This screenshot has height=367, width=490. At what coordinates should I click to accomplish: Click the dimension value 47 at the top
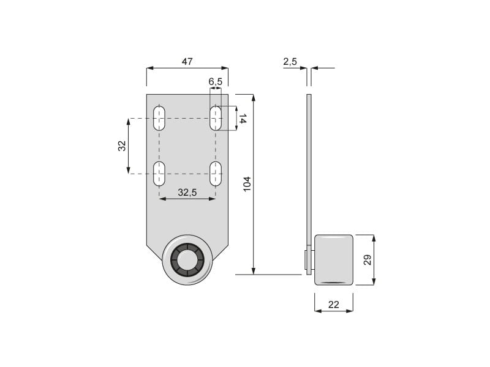click(x=187, y=61)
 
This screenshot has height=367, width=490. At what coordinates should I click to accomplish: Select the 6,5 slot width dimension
click(x=215, y=81)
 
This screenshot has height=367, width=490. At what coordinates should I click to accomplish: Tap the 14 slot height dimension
click(x=243, y=119)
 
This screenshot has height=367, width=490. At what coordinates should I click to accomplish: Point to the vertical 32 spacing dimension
click(x=122, y=146)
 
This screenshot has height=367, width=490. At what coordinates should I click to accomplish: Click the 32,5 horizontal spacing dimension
click(x=187, y=192)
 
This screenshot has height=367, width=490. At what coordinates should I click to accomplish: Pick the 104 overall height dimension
click(x=247, y=183)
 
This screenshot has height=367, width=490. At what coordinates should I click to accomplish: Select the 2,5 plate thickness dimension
click(x=290, y=61)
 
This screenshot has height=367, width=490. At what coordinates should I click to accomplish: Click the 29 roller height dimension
click(x=367, y=260)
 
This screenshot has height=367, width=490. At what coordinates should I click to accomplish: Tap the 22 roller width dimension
click(x=333, y=304)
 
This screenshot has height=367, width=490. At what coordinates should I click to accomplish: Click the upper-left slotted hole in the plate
click(x=159, y=118)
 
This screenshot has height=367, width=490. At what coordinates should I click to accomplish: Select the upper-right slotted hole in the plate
click(x=216, y=118)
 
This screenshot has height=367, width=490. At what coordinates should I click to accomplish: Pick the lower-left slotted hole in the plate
click(x=159, y=174)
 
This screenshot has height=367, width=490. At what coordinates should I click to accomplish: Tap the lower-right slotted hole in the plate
click(x=216, y=174)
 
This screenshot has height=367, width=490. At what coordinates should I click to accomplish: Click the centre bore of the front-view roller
click(x=187, y=259)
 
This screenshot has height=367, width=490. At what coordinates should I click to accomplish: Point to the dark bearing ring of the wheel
click(x=177, y=259)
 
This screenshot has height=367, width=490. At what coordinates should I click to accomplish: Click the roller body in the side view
click(x=334, y=259)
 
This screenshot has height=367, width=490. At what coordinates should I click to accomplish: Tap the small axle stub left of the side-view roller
click(x=306, y=260)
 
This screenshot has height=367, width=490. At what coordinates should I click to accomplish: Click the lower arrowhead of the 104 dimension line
click(x=253, y=270)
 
